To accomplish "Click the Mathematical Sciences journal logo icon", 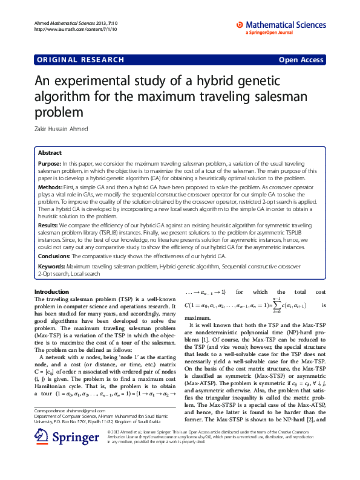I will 240,24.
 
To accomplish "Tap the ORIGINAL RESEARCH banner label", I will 80,59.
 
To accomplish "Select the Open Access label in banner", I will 301,59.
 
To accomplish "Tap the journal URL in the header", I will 68,28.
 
